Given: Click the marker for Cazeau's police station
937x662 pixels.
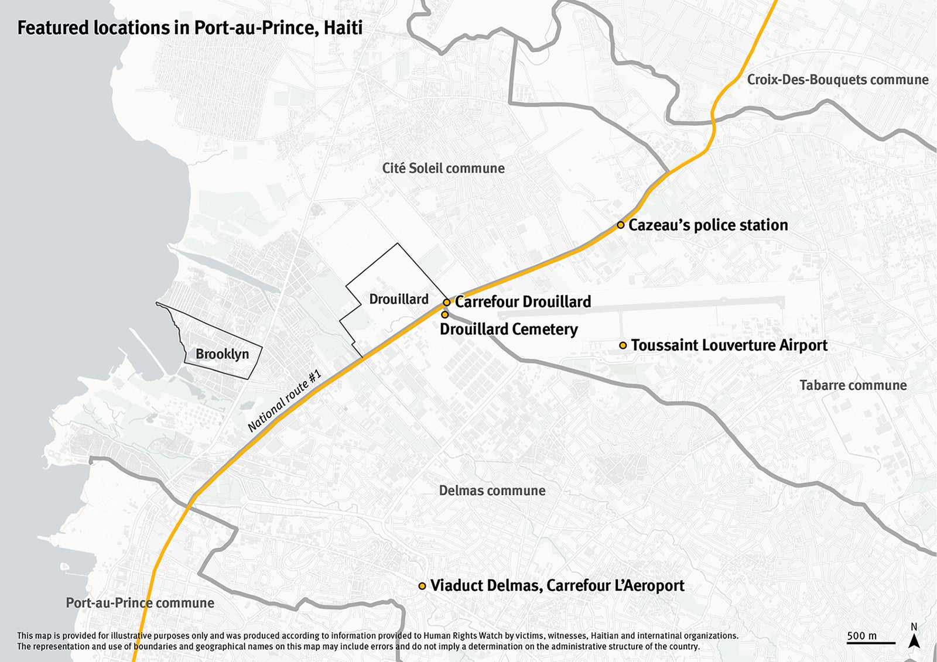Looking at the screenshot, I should coord(620,225).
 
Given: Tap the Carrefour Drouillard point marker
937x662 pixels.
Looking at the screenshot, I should coord(446,302).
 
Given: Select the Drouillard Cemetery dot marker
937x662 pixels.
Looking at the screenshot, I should coord(444,314).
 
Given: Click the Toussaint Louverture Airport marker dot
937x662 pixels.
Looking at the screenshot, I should coord(623,345).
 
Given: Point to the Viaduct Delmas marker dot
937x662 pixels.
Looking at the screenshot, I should coord(422,585).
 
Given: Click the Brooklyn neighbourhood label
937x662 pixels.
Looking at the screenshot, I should coord(222,354).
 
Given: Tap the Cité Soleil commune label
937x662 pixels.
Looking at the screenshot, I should coord(443,169).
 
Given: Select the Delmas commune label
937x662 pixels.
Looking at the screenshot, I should coord(492,491).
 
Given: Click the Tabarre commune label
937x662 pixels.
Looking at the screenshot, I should coord(853,385).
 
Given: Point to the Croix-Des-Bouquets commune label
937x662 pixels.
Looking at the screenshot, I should coord(837,80).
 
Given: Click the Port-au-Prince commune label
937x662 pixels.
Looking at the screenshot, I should coord(139,603).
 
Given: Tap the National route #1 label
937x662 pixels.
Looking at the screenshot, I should coord(284,401).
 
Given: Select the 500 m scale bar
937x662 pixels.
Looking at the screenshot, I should coord(870,642).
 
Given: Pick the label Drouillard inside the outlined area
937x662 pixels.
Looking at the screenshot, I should coord(399,299).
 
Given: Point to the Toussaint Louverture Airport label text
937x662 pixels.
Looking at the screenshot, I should coord(729,345).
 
